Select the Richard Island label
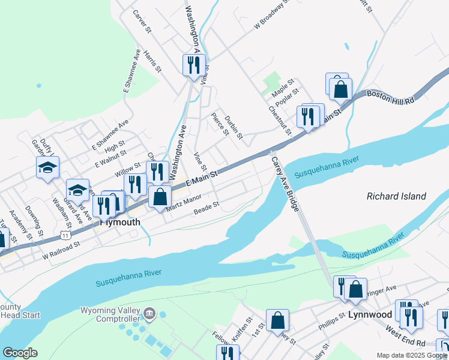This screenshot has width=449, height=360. click(x=396, y=196)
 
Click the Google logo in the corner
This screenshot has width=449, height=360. click(x=20, y=353)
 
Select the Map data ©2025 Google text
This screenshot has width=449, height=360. click(x=411, y=355)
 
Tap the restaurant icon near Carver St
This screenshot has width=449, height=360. click(x=194, y=65)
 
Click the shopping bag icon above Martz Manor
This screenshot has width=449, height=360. click(x=160, y=197)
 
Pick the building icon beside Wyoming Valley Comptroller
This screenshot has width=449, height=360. click(x=149, y=313)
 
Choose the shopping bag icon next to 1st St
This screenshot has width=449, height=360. click(x=278, y=320)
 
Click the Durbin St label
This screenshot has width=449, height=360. click(x=233, y=127)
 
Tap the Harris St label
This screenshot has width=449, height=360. click(x=153, y=61)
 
